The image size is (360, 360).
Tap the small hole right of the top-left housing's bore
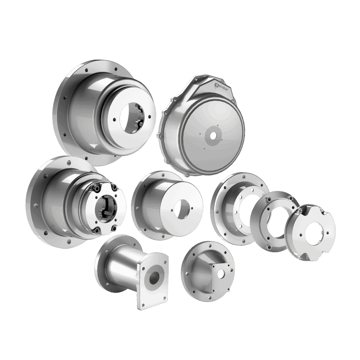(x=149, y=118)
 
